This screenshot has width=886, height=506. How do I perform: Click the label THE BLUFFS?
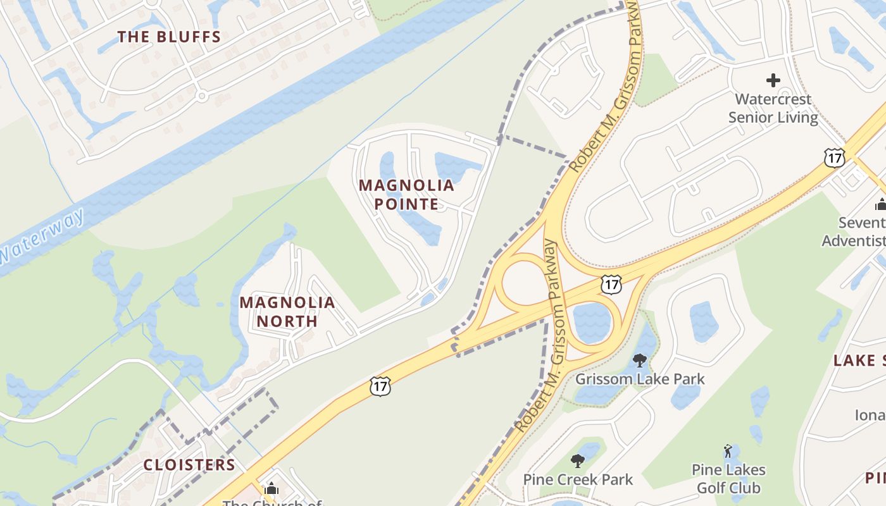coord(169,37)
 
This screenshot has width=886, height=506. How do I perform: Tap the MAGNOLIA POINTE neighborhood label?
coord(406,194)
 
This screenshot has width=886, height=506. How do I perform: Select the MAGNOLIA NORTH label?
coord(287,311)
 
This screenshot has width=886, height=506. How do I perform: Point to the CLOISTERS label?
coord(189,465)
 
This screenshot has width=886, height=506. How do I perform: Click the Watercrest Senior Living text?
coord(773,108)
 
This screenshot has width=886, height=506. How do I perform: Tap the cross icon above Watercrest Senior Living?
coord(773,80)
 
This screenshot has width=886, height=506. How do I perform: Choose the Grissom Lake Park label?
coord(639,379)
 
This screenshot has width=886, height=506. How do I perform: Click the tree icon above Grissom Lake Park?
coord(640,361)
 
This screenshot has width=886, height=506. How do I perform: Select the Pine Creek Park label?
coord(577,479)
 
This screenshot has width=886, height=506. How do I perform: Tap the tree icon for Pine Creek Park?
coord(577,460)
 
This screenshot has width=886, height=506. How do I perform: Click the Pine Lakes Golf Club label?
coord(728,479)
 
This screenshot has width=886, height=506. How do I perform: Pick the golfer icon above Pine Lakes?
coord(728,452)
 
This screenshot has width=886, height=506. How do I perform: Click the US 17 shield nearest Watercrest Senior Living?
coord(835,157)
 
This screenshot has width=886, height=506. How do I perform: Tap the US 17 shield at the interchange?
coord(611,285)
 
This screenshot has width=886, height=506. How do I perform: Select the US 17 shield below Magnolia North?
coord(380,386)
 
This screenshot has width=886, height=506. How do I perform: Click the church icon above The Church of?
coord(271,488)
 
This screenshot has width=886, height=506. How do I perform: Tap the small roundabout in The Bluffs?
coord(202,96)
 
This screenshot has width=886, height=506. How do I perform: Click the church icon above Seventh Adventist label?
coord(880,204)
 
